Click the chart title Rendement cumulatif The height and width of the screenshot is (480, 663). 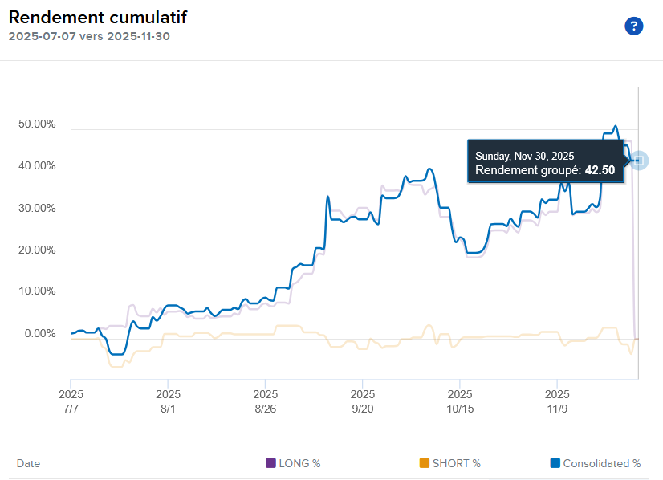(98, 18)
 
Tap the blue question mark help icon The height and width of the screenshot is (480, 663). (634, 26)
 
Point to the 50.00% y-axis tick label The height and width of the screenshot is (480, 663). (36, 124)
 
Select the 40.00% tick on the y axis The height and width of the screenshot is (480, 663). (36, 166)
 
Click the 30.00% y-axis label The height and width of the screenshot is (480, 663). (36, 208)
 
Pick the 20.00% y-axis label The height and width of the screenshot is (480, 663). (36, 250)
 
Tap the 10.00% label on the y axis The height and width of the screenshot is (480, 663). (36, 291)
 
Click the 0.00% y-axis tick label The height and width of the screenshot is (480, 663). (39, 333)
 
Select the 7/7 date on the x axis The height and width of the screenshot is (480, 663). (71, 409)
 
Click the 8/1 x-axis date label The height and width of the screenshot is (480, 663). (168, 409)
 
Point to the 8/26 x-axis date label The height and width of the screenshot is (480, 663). (265, 409)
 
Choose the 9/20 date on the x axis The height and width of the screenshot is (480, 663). (362, 409)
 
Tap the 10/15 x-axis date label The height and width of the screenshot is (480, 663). (459, 409)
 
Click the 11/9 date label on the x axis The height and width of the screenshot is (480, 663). (557, 409)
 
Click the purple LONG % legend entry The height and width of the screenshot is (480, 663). (294, 463)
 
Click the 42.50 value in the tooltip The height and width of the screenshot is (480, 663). (600, 170)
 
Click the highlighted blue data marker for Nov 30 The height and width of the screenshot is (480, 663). (638, 161)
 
